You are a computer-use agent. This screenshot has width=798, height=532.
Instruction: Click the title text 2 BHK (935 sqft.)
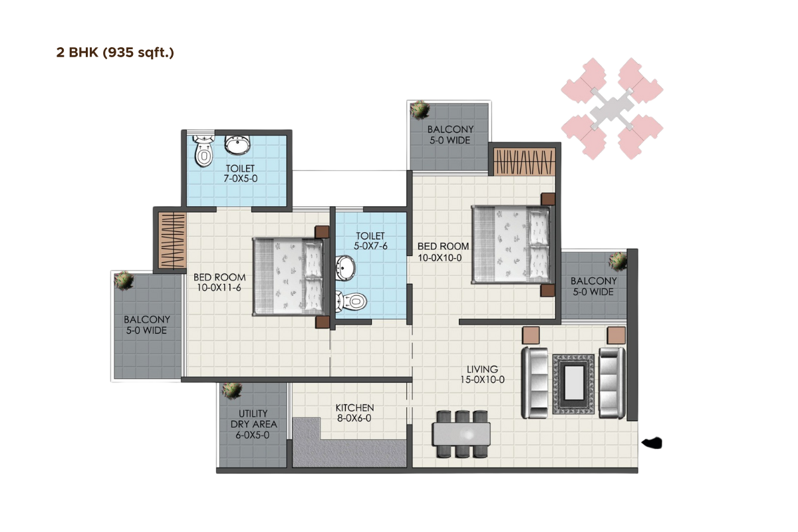tap(115, 53)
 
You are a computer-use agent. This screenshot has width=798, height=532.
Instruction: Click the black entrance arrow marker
tap(651, 442)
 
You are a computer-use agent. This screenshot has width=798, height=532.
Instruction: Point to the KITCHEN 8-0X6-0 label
tap(354, 413)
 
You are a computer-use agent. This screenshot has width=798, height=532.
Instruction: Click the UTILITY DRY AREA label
tap(253, 424)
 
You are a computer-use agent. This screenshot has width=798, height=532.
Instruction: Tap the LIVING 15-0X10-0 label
tap(482, 374)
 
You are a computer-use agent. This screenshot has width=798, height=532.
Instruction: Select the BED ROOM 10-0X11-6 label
tap(219, 283)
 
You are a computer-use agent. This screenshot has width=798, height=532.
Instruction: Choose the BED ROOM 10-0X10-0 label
tap(444, 251)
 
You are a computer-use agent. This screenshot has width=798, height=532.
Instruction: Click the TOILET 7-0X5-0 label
tap(239, 174)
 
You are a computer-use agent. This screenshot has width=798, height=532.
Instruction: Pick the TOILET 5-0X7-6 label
tap(370, 241)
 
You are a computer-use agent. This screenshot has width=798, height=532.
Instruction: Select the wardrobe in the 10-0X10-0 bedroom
tap(525, 161)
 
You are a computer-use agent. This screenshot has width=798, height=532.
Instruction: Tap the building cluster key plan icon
tap(612, 108)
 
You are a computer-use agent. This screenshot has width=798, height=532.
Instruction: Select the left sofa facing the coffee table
tap(535, 382)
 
